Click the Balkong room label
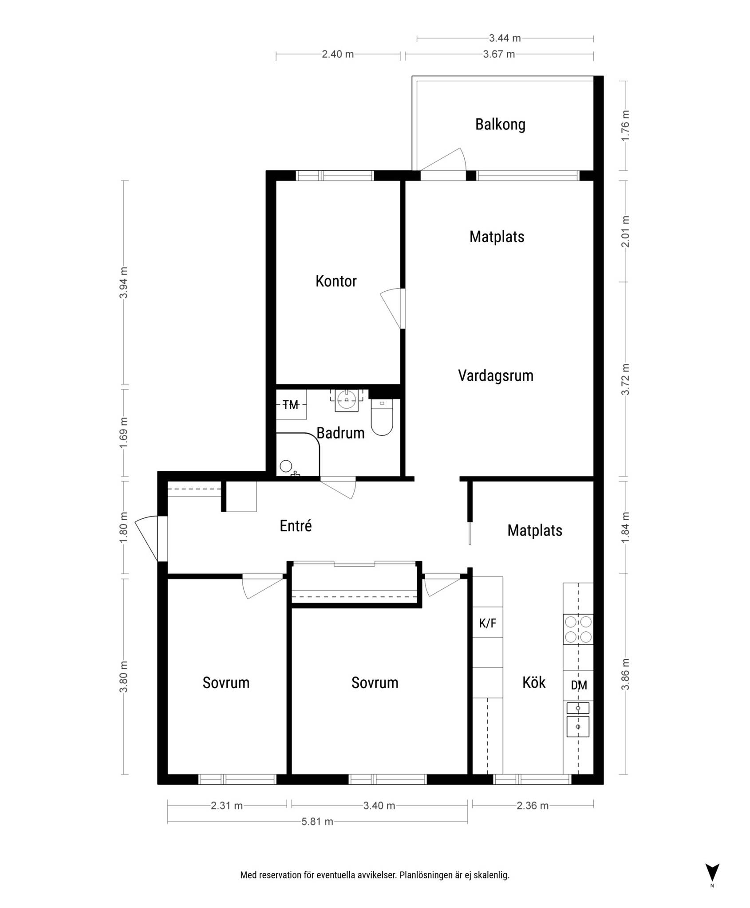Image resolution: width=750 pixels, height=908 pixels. pyautogui.click(x=500, y=125)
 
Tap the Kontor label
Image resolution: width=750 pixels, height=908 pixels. pyautogui.click(x=336, y=281)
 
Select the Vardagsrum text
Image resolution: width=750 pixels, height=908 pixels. pyautogui.click(x=496, y=376)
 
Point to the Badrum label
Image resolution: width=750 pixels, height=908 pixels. pyautogui.click(x=340, y=433)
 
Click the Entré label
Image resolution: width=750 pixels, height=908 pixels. pyautogui.click(x=296, y=525)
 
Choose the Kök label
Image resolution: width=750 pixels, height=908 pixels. pyautogui.click(x=534, y=682)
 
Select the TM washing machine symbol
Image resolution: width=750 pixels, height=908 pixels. pyautogui.click(x=291, y=404)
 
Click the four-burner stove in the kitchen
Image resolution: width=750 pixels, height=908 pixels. pyautogui.click(x=578, y=630)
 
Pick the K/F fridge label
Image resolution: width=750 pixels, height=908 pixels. pyautogui.click(x=488, y=623)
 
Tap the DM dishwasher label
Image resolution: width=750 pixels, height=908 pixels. pyautogui.click(x=579, y=685)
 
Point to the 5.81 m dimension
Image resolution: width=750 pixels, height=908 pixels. pyautogui.click(x=317, y=822)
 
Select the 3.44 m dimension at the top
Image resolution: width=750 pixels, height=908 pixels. pyautogui.click(x=505, y=38)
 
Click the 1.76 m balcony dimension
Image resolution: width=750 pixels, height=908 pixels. pyautogui.click(x=625, y=125)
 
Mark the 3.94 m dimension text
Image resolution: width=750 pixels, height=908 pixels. pyautogui.click(x=124, y=282)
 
